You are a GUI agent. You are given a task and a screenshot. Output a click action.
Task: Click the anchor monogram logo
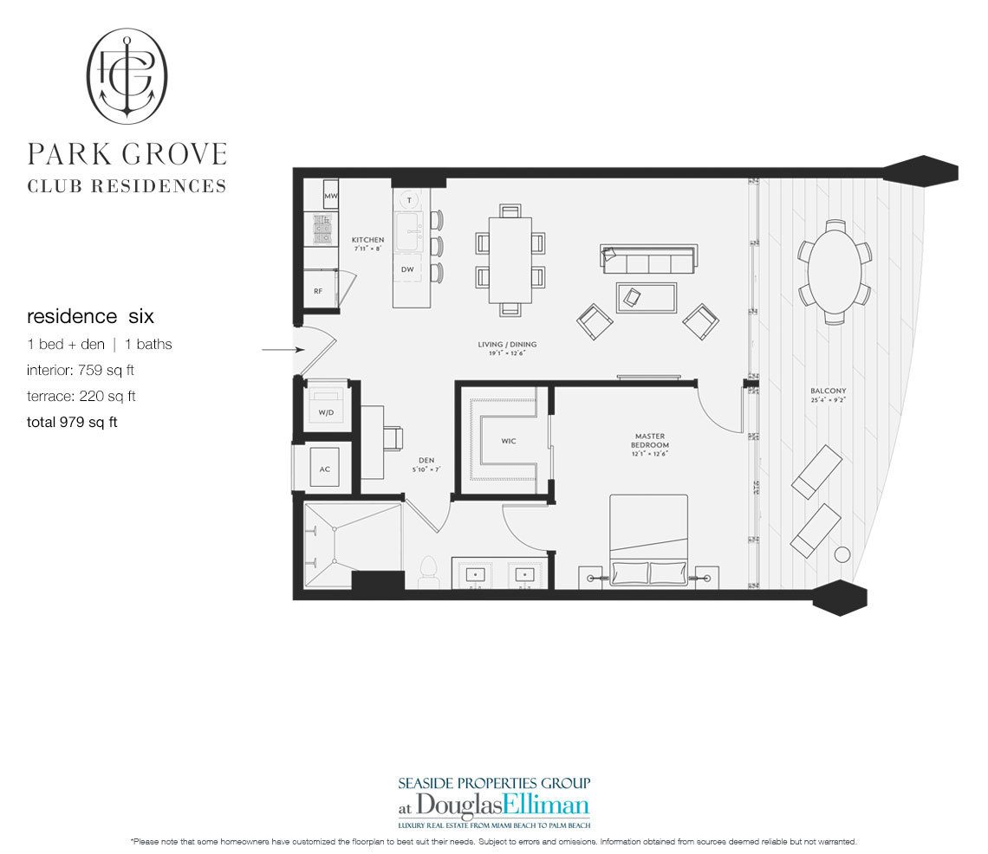coord(127,75)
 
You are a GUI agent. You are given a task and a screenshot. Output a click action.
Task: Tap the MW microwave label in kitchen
coord(330,197)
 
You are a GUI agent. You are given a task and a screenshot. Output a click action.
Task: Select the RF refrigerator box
coord(318,291)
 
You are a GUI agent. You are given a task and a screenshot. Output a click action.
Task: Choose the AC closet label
coord(324,469)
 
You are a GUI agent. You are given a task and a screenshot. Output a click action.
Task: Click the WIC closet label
coord(509,441)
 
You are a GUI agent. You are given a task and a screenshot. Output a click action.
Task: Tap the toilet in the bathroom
coord(426,571)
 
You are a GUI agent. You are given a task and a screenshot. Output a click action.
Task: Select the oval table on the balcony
coord(835,271)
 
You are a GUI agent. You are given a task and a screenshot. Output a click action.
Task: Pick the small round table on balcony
coord(841,555)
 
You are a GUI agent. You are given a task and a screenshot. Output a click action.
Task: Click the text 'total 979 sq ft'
coord(72,422)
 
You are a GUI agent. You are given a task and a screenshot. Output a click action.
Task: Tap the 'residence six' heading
coord(90,317)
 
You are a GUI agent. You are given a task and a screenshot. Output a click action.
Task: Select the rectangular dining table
coord(510,259)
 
